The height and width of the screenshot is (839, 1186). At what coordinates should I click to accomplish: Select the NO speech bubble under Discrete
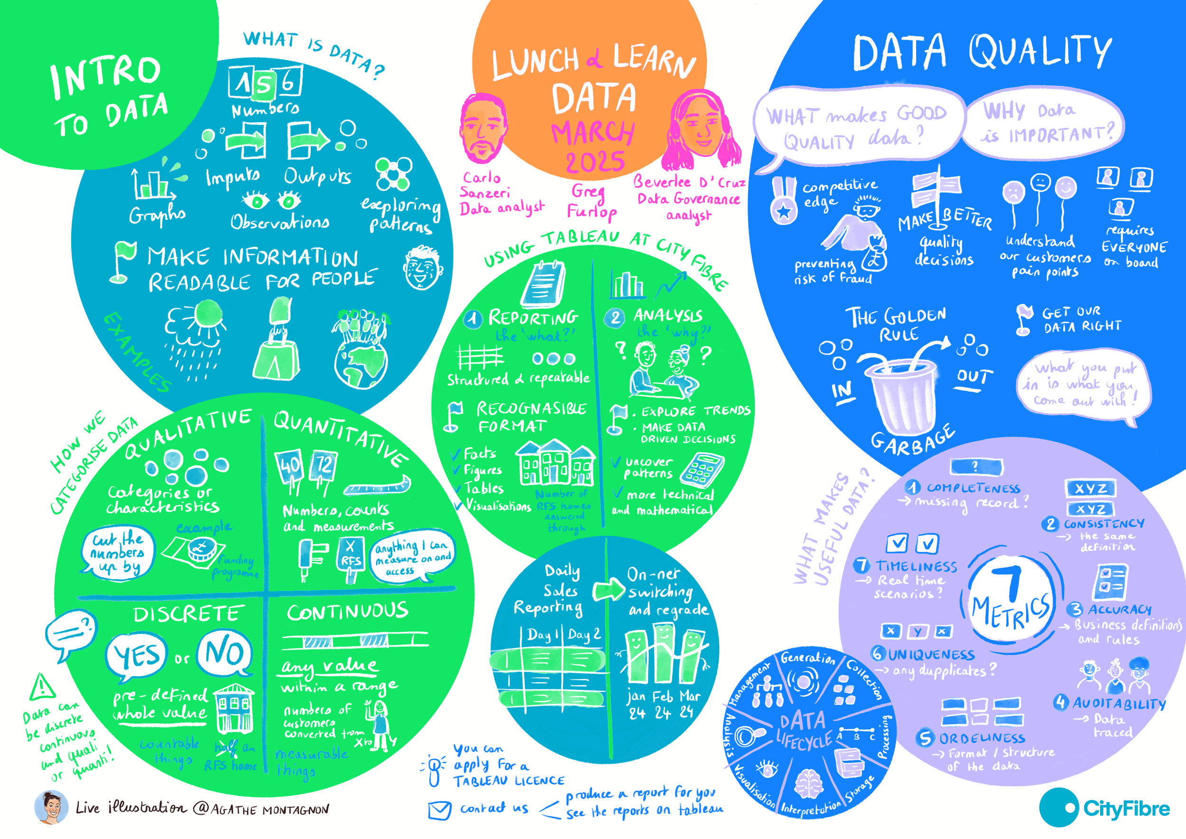click(225, 653)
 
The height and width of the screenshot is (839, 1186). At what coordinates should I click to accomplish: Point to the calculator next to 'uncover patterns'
click(702, 470)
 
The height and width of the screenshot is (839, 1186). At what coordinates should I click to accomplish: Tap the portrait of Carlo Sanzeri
click(482, 129)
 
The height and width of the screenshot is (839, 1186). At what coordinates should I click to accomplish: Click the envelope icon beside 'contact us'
click(440, 810)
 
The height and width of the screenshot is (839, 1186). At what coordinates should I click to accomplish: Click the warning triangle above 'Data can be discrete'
click(42, 687)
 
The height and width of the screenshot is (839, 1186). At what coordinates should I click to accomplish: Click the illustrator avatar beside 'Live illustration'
click(51, 807)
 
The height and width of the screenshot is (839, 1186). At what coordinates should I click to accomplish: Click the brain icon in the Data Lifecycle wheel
click(809, 784)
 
